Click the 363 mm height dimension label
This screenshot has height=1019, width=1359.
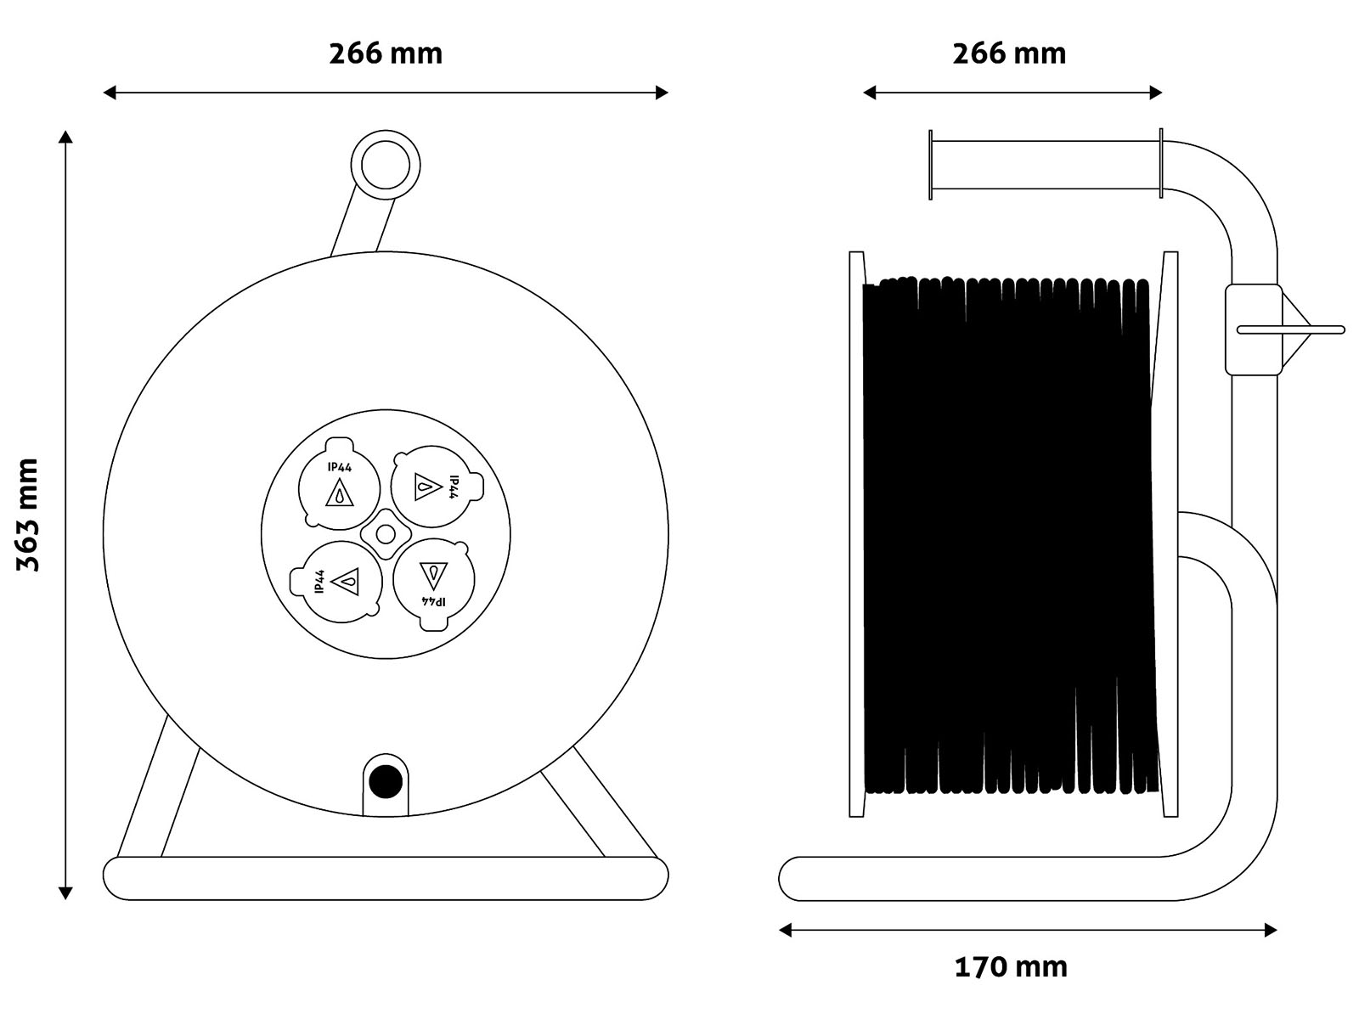28,515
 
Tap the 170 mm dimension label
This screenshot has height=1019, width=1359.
1011,968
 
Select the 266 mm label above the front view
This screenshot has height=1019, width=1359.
385,53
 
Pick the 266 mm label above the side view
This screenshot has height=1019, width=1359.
1009,53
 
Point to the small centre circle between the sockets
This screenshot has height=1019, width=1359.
386,534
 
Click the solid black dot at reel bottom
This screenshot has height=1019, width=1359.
386,781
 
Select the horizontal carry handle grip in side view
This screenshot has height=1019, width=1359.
1046,165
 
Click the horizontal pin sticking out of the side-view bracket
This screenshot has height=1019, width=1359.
1290,329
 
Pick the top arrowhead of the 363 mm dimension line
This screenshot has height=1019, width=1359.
65,137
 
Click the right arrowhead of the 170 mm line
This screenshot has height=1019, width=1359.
1271,930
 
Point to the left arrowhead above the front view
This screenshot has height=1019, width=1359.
110,93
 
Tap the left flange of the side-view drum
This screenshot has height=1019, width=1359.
856,534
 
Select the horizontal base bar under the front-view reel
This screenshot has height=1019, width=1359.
385,879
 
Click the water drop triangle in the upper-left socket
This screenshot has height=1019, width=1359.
339,493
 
